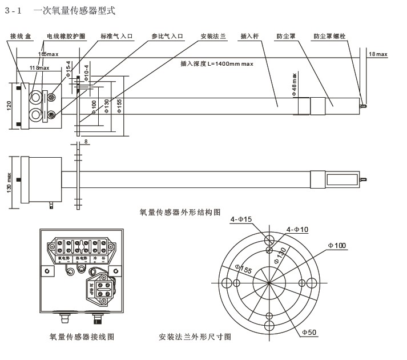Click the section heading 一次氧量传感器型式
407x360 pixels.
tap(74, 10)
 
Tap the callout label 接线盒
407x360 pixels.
tap(21, 36)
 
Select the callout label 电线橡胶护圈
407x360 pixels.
tap(66, 36)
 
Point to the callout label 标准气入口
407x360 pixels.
tap(117, 36)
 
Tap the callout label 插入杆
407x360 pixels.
tap(250, 36)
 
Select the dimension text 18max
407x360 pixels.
tap(378, 54)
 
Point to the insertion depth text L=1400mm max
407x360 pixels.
tap(217, 64)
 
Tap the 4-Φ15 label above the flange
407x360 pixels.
tap(240, 219)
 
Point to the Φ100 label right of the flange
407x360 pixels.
tap(337, 245)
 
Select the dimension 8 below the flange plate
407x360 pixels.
tap(85, 141)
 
